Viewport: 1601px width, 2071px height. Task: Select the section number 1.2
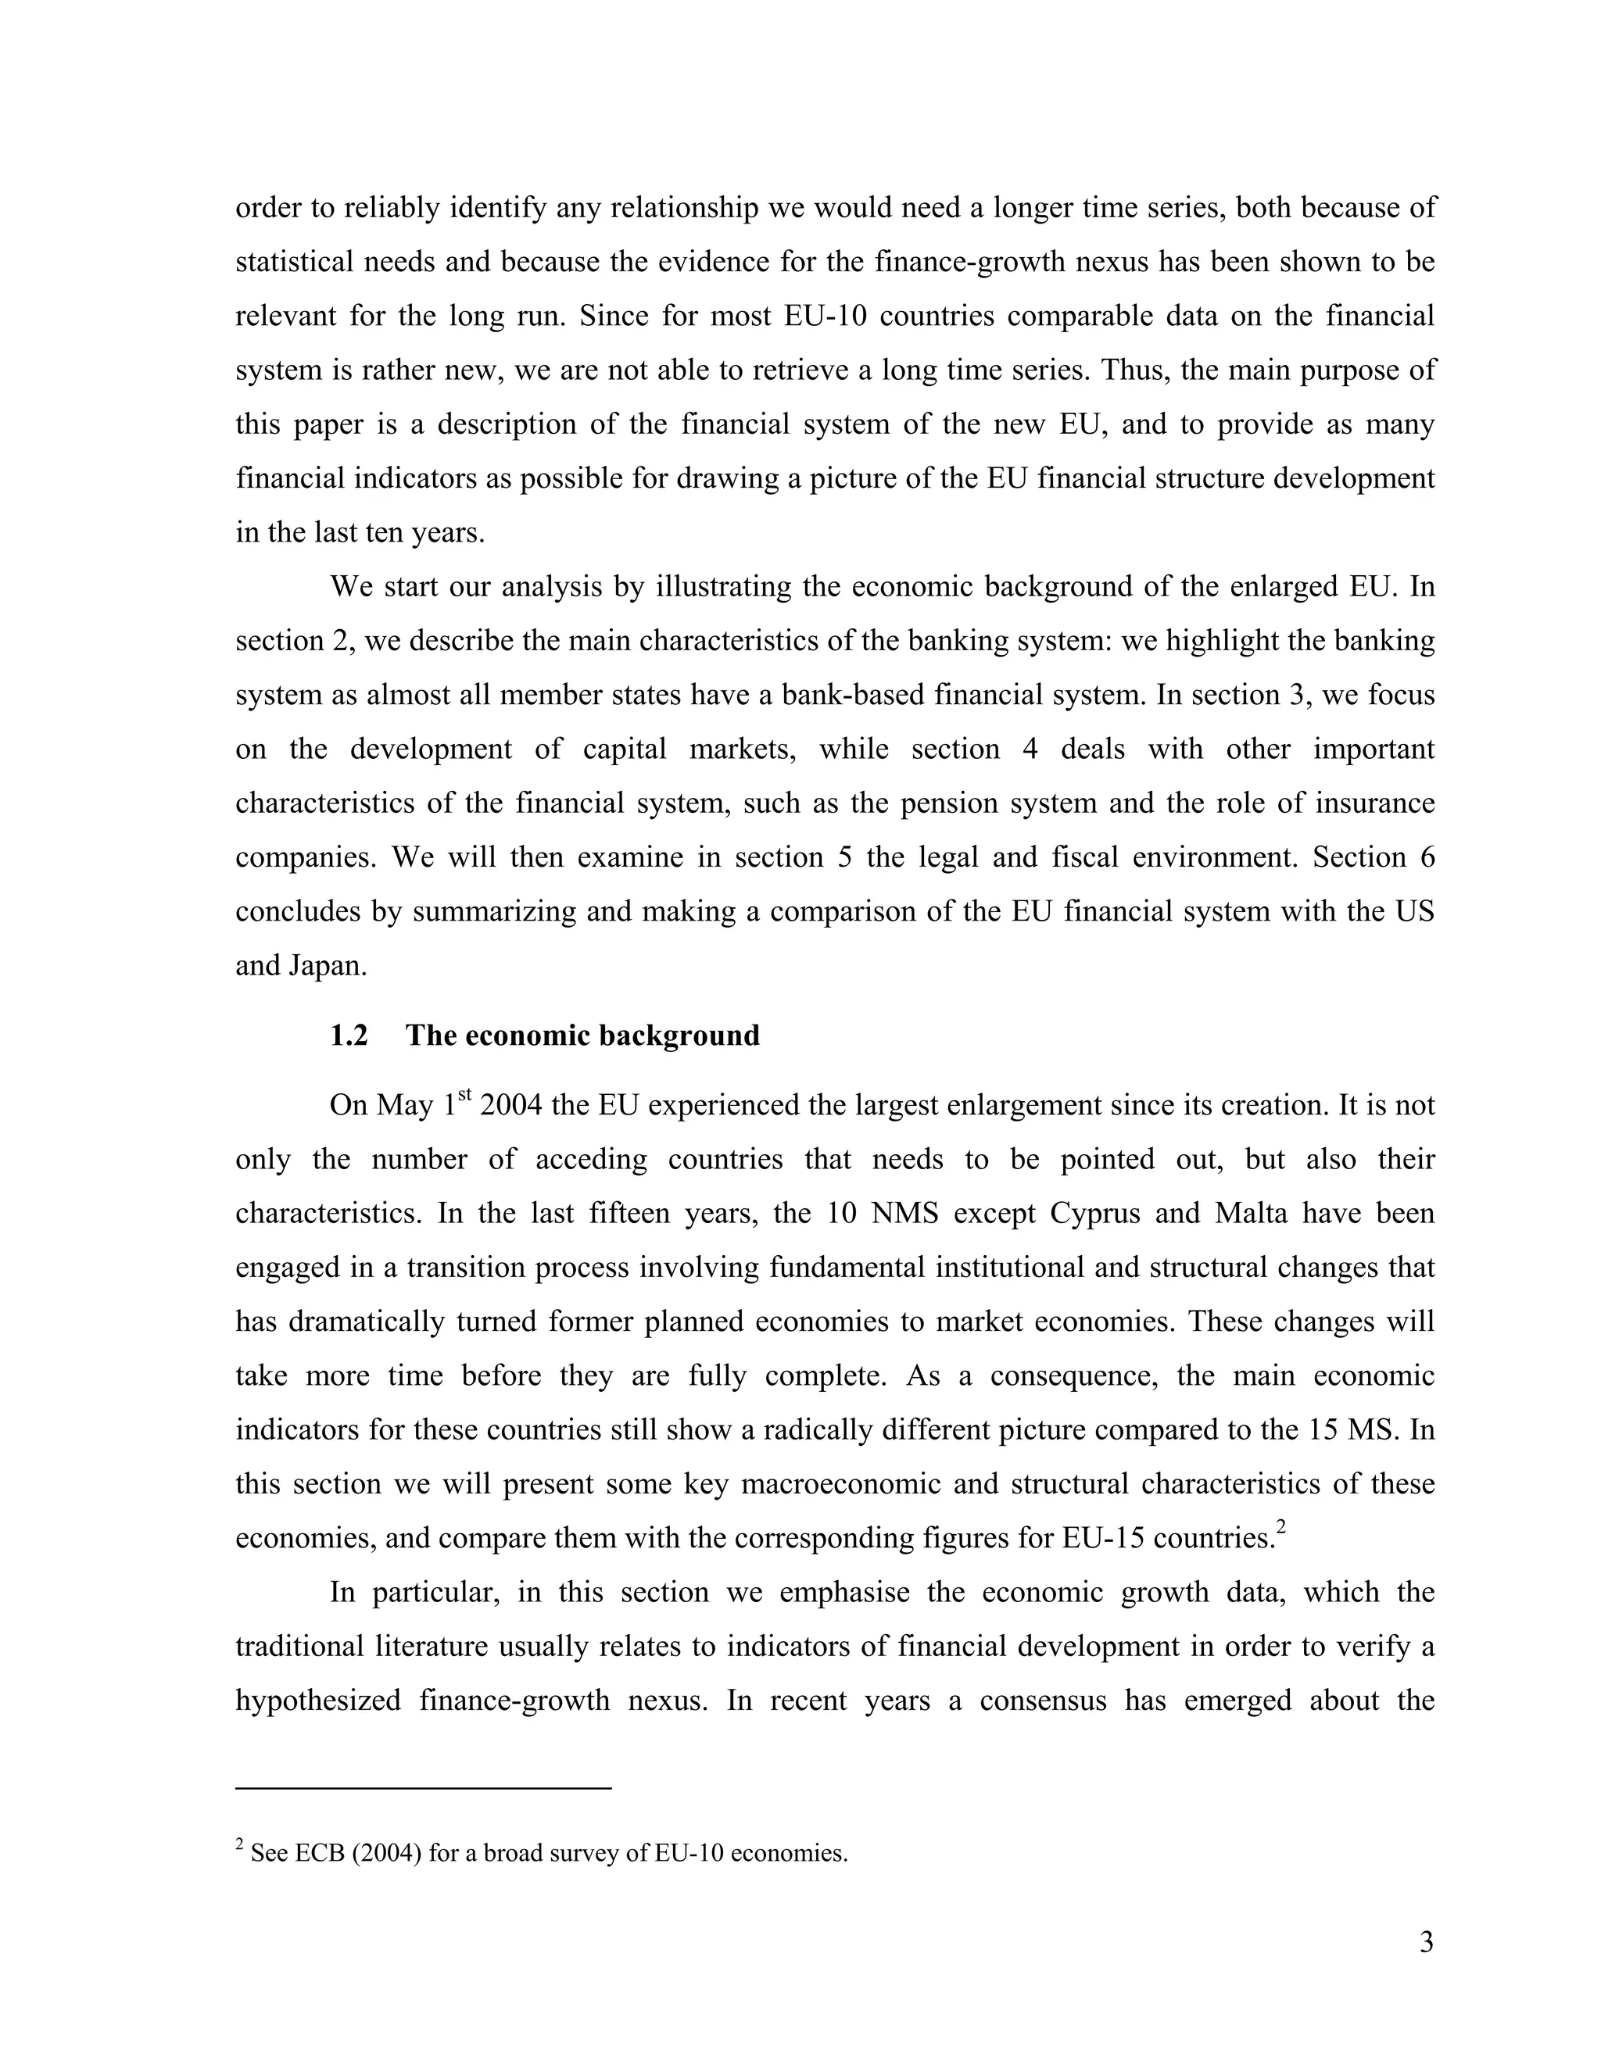pos(348,1035)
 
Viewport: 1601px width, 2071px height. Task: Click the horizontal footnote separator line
pos(423,1787)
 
